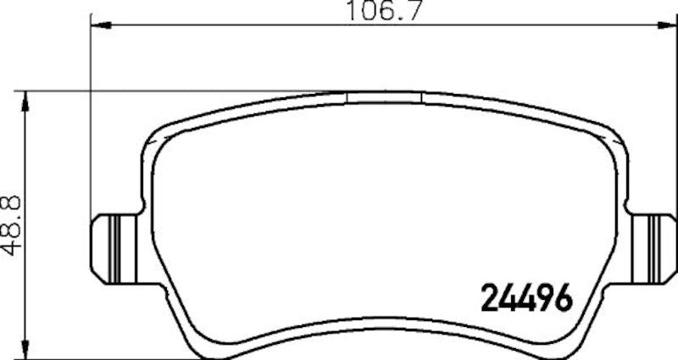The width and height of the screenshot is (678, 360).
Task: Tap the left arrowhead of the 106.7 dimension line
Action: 96,27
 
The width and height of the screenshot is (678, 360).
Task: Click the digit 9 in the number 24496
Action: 547,296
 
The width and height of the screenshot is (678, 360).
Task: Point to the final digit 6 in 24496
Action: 565,296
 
